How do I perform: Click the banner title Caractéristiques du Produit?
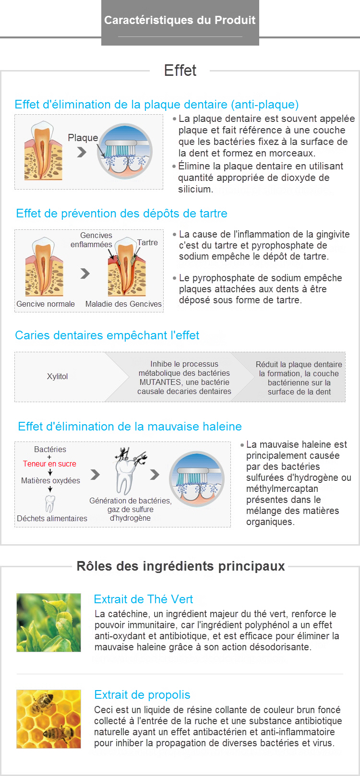180,20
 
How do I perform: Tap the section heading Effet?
180,71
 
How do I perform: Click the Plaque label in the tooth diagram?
83,138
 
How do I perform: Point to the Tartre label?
147,242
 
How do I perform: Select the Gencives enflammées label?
92,240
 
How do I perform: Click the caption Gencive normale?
46,304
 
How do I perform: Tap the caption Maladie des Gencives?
123,304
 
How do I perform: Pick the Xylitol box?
58,376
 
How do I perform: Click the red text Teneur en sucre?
49,464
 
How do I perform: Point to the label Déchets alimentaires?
52,518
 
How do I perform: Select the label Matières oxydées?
50,480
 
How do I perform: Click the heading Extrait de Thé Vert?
144,599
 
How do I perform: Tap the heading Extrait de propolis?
142,694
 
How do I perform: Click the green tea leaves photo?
48,622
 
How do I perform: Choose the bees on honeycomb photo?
48,719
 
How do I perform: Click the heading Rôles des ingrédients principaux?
180,566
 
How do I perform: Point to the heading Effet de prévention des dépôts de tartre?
121,213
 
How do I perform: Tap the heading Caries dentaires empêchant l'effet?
107,335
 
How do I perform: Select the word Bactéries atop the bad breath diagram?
50,449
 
